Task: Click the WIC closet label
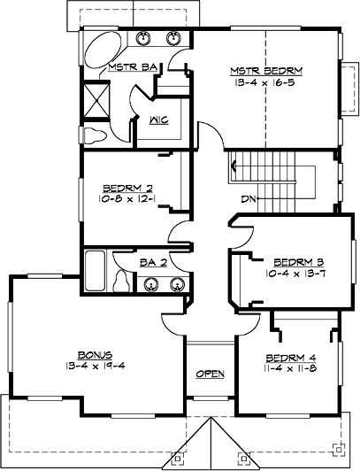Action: (x=160, y=120)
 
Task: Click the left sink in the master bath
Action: (x=146, y=39)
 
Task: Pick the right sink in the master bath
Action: (x=174, y=39)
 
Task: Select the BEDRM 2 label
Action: (x=129, y=187)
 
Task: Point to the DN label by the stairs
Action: (x=249, y=199)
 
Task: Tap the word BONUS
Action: (x=86, y=353)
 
